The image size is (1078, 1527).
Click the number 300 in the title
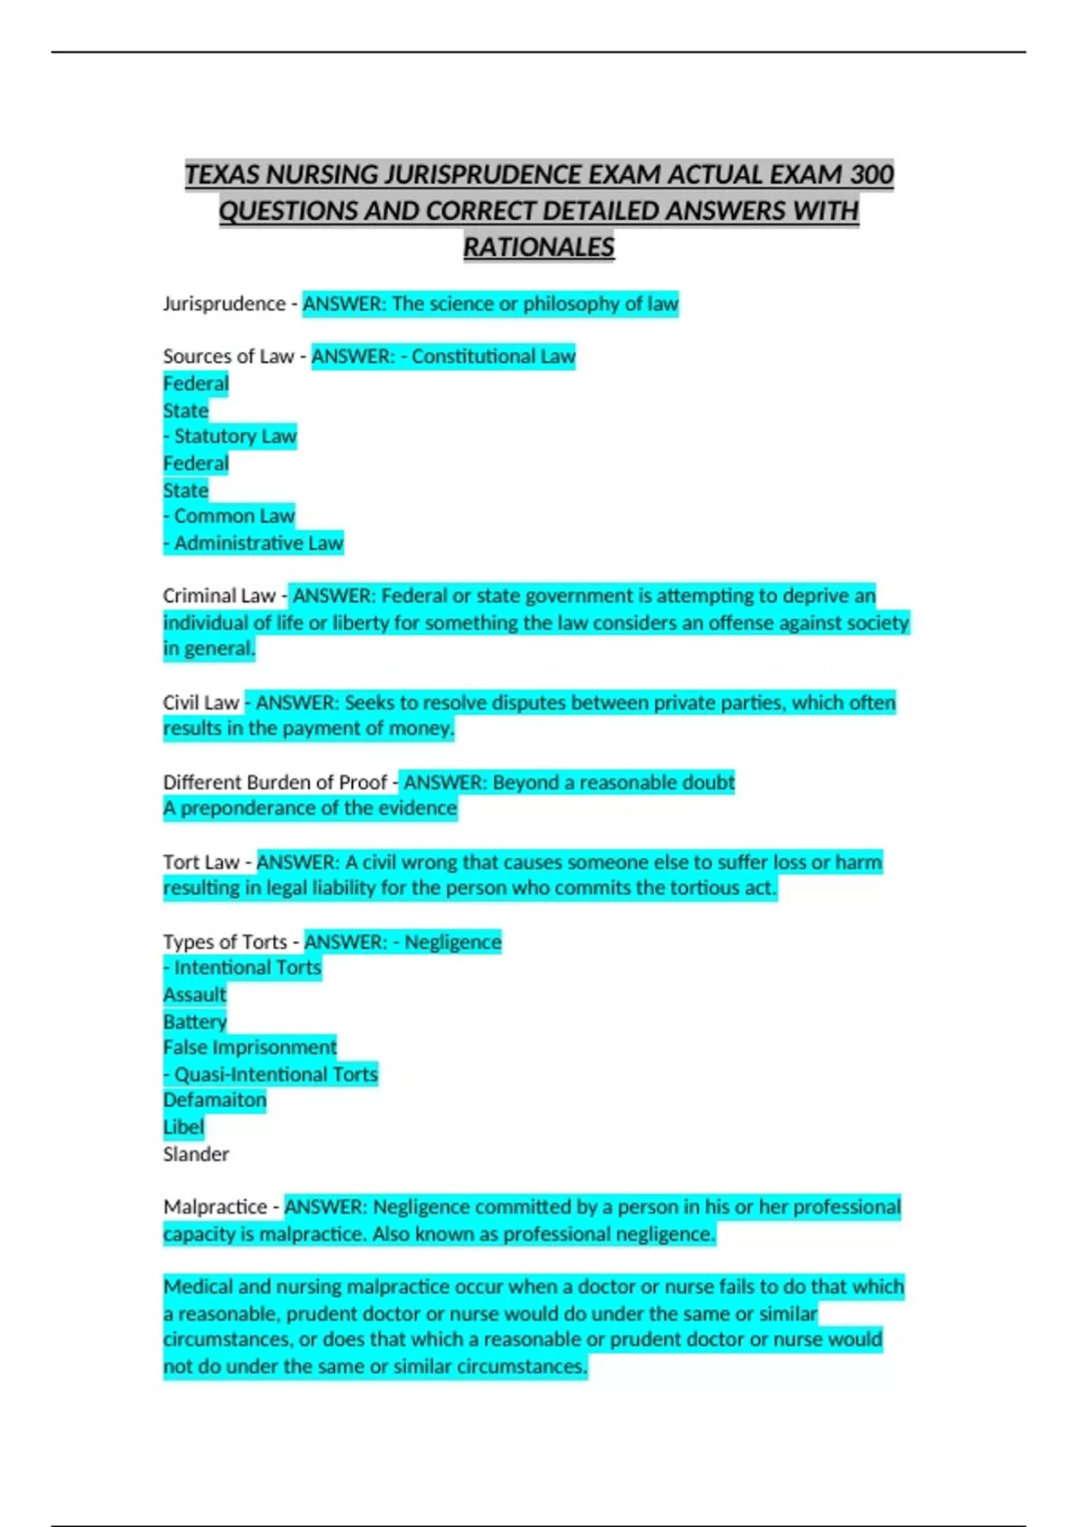coord(871,174)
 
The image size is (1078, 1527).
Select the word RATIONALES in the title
coord(539,247)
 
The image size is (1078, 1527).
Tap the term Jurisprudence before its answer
coord(224,304)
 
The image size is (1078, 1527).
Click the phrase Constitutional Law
coord(493,357)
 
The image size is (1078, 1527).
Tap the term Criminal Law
coord(219,596)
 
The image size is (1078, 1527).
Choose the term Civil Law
coord(201,702)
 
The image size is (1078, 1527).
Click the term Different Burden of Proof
coord(275,782)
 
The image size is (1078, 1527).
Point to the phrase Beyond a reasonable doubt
coord(614,782)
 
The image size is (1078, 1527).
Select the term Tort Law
coord(201,862)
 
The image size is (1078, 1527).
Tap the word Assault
coord(195,995)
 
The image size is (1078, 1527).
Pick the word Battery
coord(195,1021)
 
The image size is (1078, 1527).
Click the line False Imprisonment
coord(250,1047)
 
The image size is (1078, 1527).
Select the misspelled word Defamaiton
coord(215,1100)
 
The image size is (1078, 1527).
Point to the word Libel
coord(183,1127)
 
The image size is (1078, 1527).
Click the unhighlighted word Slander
coord(196,1154)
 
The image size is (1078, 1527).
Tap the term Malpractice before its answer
coord(216,1207)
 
